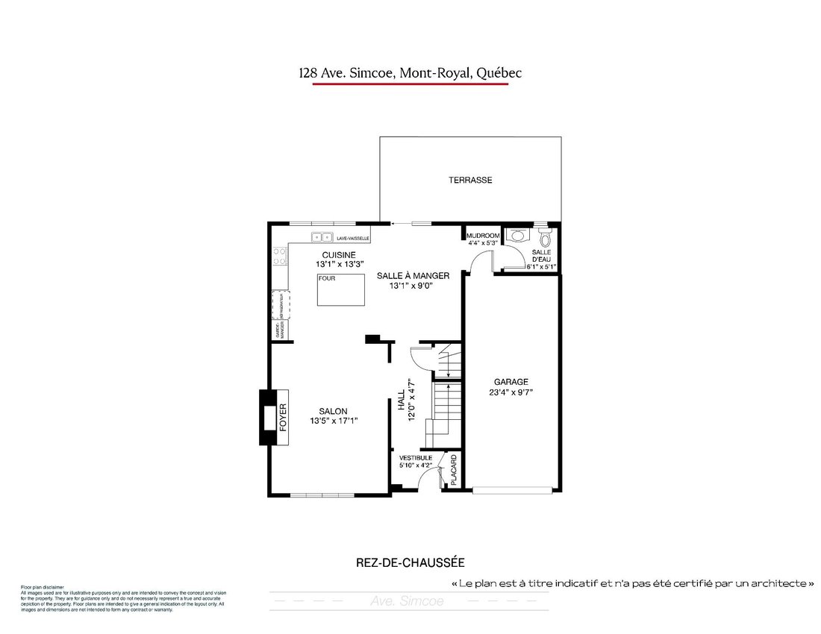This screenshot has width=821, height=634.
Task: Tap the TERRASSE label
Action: click(470, 180)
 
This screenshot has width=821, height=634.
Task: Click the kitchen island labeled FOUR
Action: click(340, 289)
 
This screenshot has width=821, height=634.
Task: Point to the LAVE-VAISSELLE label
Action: click(353, 239)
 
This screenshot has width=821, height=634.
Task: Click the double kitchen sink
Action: click(322, 237)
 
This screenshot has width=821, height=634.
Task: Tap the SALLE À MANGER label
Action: click(413, 275)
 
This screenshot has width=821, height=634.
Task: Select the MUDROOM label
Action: click(483, 236)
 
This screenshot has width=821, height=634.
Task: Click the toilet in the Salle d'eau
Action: click(545, 238)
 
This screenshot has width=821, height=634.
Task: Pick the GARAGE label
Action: click(511, 381)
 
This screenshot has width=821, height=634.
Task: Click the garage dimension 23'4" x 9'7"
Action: click(511, 392)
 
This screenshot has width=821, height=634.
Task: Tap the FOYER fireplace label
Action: click(283, 418)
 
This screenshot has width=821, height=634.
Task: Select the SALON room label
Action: click(333, 411)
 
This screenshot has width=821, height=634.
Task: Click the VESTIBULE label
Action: click(416, 457)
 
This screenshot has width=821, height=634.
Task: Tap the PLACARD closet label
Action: click(452, 469)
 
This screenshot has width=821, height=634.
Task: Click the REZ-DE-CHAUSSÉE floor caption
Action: click(410, 563)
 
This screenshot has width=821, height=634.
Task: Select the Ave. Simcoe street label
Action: click(407, 600)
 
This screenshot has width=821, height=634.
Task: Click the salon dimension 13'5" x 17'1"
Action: click(333, 421)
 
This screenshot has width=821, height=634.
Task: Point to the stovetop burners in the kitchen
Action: click(280, 257)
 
